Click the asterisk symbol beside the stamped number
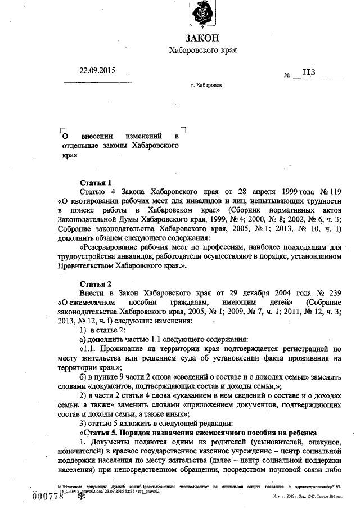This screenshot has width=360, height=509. (72, 496)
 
